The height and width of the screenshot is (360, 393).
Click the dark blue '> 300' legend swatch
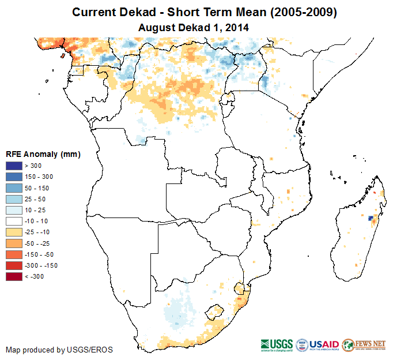point(14,166)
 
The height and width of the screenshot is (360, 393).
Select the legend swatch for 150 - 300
point(14,177)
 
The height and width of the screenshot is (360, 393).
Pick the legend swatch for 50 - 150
point(14,188)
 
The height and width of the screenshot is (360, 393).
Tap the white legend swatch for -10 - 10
point(14,221)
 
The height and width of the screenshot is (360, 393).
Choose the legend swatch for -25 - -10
point(14,232)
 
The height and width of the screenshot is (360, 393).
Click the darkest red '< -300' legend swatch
point(14,276)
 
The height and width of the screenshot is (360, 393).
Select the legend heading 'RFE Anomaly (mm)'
point(43,155)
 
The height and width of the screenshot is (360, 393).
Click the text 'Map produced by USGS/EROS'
point(59,350)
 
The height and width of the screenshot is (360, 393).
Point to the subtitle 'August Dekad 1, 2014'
point(196,27)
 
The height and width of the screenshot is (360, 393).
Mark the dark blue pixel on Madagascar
point(370,218)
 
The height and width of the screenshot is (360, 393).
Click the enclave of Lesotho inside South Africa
point(216,310)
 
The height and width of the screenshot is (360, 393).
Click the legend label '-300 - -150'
point(41,265)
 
